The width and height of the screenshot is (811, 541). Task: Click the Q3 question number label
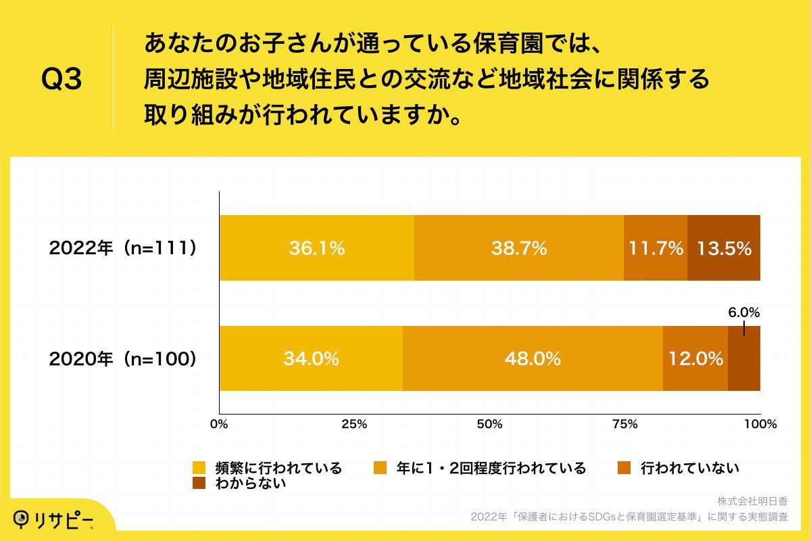click(x=62, y=80)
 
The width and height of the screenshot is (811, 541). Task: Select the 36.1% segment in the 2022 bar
click(x=316, y=248)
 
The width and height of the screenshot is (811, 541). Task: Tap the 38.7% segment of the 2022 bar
click(x=518, y=248)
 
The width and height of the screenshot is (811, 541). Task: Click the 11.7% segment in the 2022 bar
click(x=655, y=248)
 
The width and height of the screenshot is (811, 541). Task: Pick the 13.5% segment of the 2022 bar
click(x=724, y=248)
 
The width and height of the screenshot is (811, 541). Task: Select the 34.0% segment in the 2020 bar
click(x=311, y=358)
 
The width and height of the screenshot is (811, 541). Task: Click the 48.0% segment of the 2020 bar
click(x=533, y=358)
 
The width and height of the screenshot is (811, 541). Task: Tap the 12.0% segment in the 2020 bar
click(x=695, y=358)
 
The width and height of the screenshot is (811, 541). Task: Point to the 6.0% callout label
click(x=743, y=312)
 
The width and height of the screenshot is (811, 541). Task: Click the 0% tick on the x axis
click(x=219, y=425)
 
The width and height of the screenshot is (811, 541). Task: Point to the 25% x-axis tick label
click(x=354, y=425)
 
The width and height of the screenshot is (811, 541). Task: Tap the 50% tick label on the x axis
click(x=489, y=425)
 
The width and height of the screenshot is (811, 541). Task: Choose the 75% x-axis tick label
click(x=624, y=425)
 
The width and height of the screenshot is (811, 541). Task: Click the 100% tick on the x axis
click(x=760, y=425)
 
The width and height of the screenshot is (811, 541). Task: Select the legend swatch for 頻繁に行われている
click(x=199, y=468)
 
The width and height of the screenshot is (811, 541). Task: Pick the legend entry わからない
click(x=250, y=483)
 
